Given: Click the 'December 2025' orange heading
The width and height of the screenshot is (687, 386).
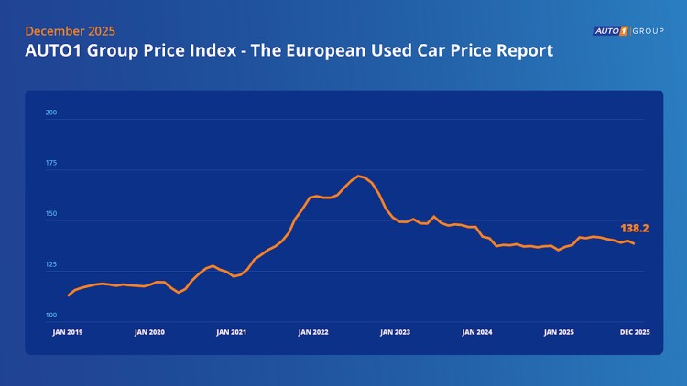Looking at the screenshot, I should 70,30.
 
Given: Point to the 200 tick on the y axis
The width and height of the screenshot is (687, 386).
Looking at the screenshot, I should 51,113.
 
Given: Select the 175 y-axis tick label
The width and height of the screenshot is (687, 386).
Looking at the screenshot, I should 51,164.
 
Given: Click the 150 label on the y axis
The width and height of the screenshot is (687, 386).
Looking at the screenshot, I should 51,214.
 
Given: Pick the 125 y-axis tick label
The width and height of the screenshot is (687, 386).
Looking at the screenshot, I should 51,264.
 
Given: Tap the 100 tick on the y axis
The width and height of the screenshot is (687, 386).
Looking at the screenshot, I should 51,315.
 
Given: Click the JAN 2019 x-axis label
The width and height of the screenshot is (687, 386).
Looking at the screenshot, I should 68,332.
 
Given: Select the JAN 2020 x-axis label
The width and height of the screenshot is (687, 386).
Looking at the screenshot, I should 150,332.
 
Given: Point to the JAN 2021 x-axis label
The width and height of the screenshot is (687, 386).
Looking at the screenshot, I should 231,332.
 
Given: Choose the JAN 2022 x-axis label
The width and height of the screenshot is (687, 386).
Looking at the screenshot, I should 313,332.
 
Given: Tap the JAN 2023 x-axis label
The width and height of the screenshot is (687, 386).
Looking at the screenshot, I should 395,332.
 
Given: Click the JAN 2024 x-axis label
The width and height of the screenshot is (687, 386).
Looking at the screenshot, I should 477,332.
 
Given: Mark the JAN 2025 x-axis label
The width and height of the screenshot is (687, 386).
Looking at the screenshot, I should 559,332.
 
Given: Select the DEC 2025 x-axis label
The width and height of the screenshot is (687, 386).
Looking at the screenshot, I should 635,332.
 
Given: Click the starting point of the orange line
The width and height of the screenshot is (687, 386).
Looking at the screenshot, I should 68,295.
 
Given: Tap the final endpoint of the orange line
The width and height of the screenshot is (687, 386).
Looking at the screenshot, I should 635,243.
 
